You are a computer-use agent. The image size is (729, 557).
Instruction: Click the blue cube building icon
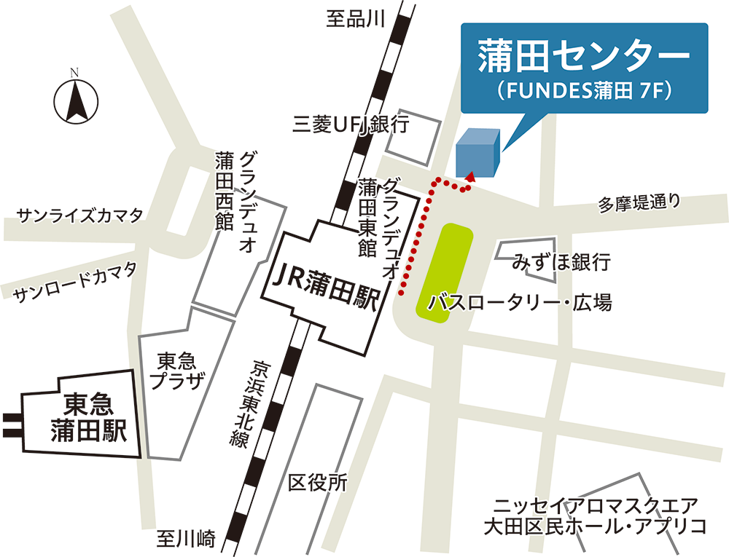click(477, 154)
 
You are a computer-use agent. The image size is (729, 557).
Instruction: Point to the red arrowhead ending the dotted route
click(470, 175)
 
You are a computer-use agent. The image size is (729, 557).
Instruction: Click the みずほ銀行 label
click(561, 261)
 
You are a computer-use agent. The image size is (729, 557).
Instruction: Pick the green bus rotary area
click(445, 269)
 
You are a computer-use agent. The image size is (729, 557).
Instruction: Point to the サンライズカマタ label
click(79, 215)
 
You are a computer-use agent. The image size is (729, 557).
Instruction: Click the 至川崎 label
click(187, 540)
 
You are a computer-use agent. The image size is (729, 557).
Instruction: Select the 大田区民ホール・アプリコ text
click(596, 526)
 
